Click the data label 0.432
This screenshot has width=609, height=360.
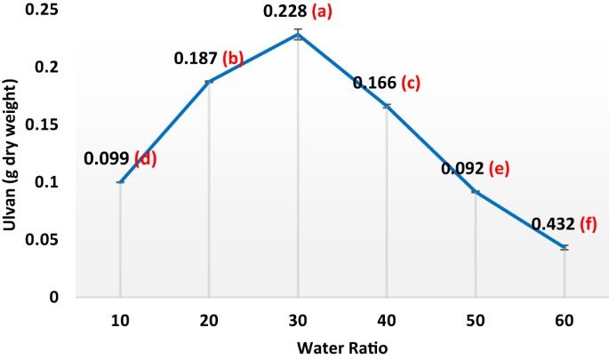(x=552, y=225)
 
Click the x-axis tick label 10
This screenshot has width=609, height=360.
(x=120, y=318)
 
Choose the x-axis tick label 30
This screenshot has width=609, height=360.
(x=298, y=318)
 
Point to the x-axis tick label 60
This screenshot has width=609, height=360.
(x=565, y=318)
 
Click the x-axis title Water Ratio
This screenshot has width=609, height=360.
(x=341, y=347)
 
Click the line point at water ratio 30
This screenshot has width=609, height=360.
(x=298, y=35)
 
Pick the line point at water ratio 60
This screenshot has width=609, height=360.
(x=565, y=247)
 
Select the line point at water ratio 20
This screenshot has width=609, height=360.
(x=209, y=82)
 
